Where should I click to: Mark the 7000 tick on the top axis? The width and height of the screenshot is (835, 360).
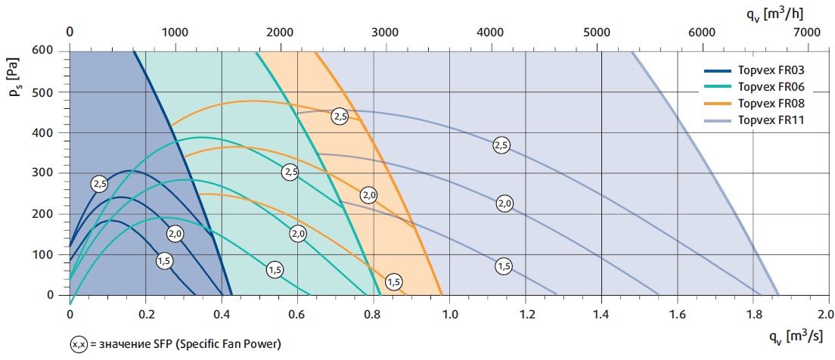807,33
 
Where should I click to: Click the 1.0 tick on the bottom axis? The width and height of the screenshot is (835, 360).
449,312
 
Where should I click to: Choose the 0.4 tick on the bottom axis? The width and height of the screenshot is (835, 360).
222,312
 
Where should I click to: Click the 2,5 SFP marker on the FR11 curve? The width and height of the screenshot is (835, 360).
501,144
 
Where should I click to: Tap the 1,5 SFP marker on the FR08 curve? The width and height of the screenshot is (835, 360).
393,282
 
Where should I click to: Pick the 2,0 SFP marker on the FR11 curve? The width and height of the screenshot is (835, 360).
504,203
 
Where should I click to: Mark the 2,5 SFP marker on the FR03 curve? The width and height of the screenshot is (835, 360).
99,183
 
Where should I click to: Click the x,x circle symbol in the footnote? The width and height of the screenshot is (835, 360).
78,344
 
